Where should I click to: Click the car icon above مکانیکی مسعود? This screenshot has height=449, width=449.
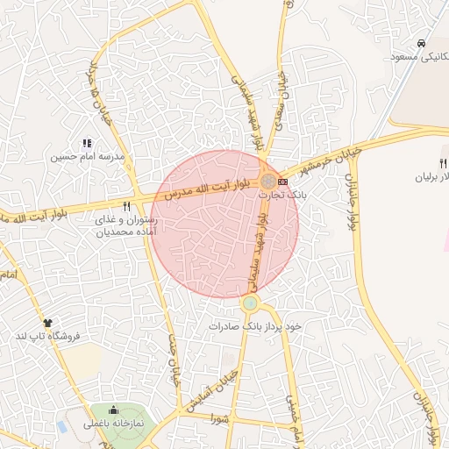422,43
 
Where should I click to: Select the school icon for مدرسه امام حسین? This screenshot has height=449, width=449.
87,143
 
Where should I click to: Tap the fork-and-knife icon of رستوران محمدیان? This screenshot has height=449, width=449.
127,207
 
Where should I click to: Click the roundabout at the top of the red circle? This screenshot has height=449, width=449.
267,181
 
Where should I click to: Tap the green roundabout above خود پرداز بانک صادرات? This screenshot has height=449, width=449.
251,303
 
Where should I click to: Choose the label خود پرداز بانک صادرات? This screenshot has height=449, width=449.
255,325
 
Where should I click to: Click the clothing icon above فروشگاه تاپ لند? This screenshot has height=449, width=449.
47,323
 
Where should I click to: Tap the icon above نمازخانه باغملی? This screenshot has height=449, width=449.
113,410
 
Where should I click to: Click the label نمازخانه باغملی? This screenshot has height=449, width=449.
113,424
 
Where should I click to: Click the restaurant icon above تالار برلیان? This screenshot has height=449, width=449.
443,163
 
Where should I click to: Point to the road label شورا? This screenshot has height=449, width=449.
217,419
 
